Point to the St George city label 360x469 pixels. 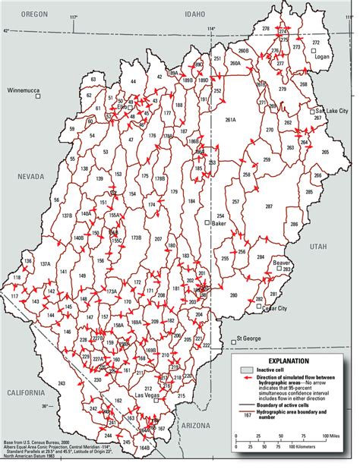click(248, 338)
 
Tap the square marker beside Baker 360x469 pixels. click(206, 222)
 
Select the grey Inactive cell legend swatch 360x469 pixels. click(244, 370)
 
